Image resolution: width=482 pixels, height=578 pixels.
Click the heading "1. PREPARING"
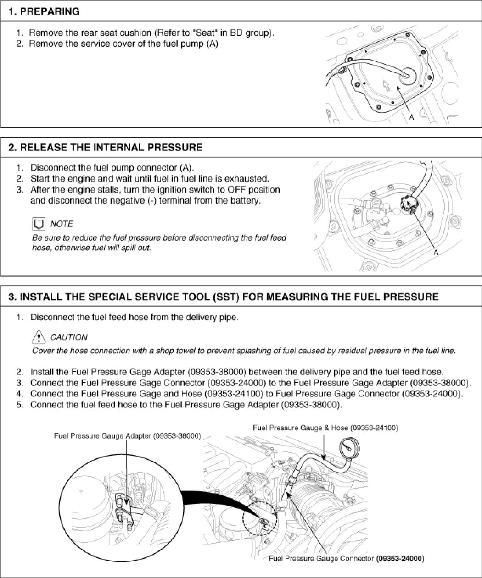44,12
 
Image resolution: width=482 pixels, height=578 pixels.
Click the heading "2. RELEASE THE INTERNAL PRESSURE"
106,148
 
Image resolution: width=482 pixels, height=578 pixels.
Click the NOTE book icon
39,224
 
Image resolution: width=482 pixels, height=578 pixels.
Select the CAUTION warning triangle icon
39,338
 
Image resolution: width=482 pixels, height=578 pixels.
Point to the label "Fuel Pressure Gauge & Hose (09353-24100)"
325,428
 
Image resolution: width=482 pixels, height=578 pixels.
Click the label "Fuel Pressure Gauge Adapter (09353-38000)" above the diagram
127,436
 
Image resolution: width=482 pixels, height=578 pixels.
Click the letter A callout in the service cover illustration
412,117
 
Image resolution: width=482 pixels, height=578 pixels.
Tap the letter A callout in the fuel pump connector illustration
436,252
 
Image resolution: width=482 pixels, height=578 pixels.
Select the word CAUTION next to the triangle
68,337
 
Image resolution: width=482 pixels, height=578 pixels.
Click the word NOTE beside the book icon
62,224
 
